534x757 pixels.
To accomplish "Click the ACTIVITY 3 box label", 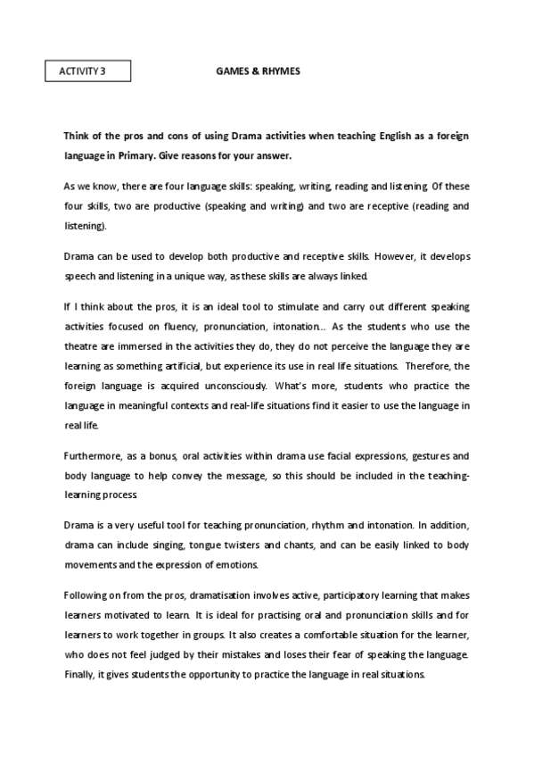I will click(87, 71).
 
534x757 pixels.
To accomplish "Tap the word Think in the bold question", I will click(77, 137).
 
